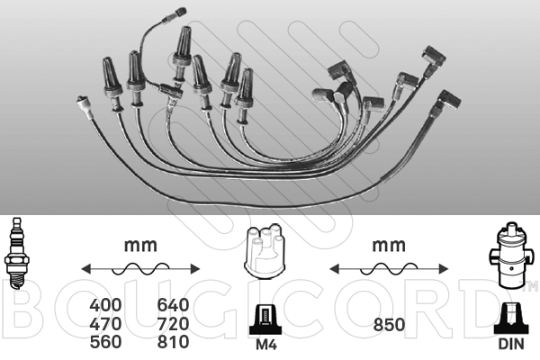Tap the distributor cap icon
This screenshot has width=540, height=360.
tap(265, 250)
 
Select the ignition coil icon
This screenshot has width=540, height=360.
tap(510, 256)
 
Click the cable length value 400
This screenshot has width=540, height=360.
tap(105, 305)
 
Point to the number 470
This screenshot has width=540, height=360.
tap(105, 324)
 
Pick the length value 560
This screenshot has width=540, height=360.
tap(105, 342)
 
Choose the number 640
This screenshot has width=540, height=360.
tap(173, 305)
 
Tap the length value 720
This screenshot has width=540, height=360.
tap(173, 324)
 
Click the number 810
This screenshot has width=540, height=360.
tap(173, 342)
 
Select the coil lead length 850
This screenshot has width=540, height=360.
tap(389, 325)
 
